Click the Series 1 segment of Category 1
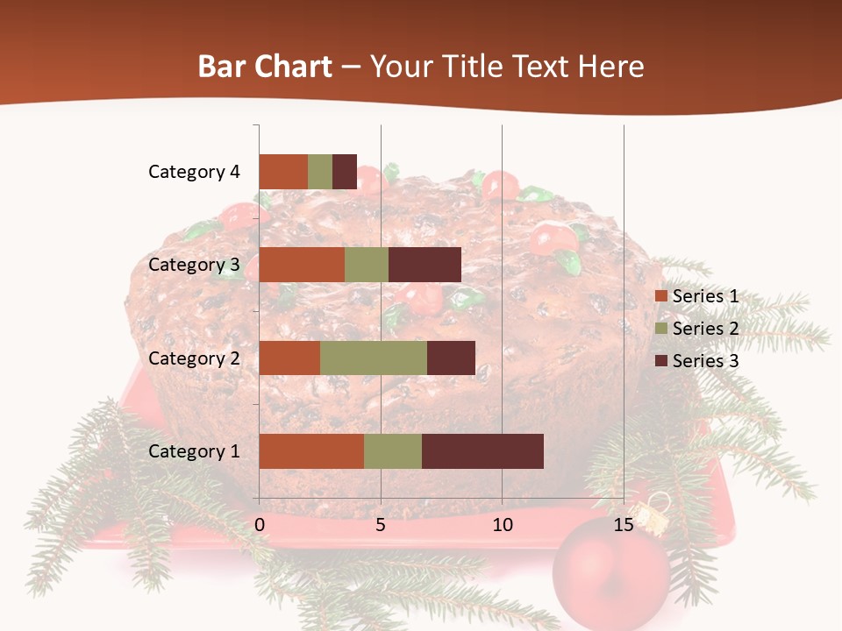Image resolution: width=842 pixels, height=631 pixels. click(311, 451)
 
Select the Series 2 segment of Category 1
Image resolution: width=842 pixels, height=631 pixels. click(393, 451)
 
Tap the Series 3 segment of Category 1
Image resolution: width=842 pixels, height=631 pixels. click(482, 451)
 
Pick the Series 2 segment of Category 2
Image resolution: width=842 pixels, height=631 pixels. click(374, 358)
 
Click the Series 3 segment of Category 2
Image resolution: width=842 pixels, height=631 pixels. click(451, 358)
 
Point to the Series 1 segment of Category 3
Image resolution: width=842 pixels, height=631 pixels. click(302, 265)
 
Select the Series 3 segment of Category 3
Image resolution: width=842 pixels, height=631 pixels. click(425, 265)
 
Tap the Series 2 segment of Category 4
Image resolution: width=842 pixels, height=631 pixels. click(320, 172)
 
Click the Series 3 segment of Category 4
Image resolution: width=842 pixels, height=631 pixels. click(345, 172)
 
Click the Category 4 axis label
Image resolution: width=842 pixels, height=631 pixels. click(194, 172)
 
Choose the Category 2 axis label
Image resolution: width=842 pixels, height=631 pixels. click(194, 358)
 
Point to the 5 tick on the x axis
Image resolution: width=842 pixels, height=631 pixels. click(381, 525)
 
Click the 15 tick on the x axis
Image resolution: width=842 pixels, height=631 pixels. click(624, 525)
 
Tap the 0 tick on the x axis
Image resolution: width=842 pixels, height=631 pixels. click(260, 525)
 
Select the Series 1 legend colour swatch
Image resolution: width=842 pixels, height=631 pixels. click(660, 297)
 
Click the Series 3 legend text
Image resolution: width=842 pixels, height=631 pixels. click(705, 361)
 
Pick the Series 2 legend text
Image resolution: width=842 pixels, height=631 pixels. click(705, 329)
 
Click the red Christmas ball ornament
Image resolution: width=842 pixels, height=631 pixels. click(610, 574)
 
